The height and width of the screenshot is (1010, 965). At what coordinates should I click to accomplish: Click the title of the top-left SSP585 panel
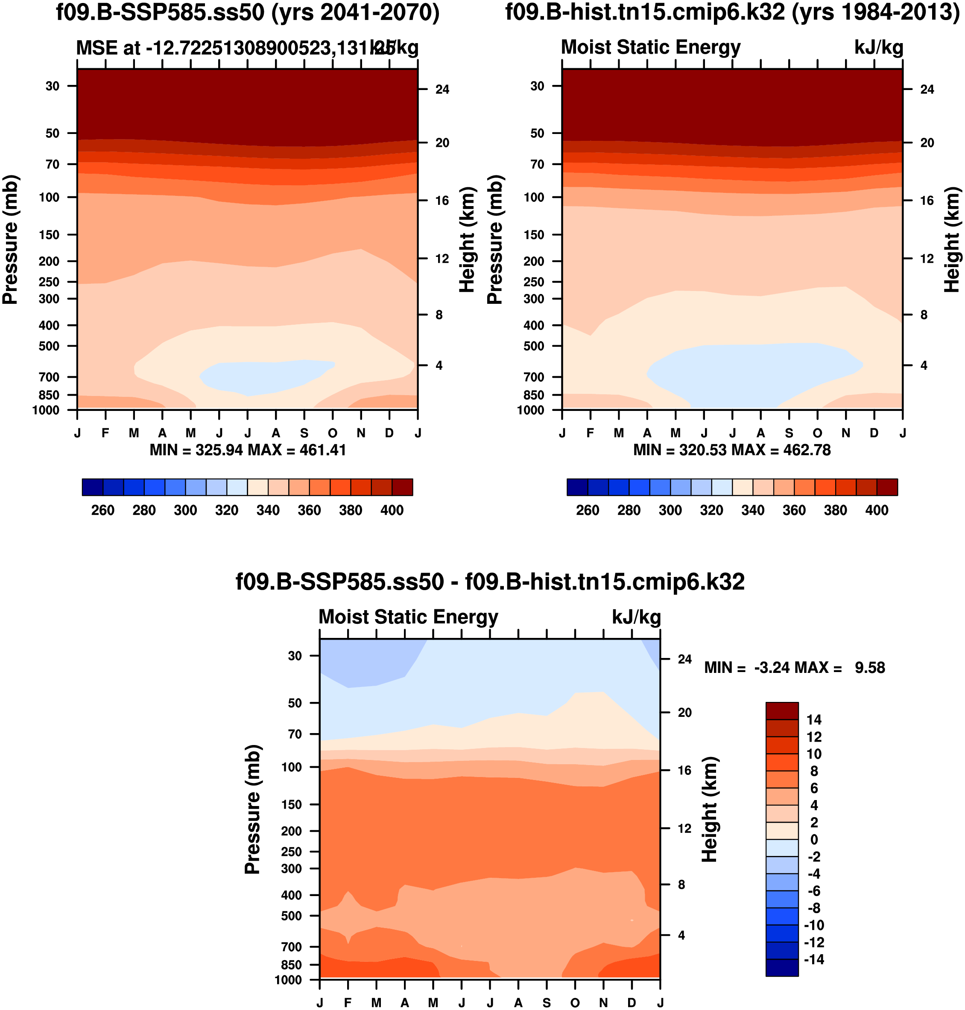click(x=247, y=12)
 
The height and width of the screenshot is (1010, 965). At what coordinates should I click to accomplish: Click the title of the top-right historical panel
click(x=732, y=12)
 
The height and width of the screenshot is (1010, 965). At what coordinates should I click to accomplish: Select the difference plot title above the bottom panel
click(x=490, y=582)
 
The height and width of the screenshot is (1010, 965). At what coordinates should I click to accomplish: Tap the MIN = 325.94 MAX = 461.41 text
click(x=247, y=450)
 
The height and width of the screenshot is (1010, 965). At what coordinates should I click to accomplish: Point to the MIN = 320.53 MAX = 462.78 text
click(x=732, y=450)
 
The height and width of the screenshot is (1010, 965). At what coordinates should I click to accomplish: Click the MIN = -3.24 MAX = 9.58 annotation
click(x=794, y=668)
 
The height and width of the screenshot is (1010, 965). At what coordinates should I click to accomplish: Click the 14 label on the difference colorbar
click(x=814, y=719)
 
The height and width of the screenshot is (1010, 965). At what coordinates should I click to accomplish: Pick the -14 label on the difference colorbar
click(x=814, y=960)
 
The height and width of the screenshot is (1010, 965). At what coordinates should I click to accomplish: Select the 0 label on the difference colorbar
click(x=814, y=839)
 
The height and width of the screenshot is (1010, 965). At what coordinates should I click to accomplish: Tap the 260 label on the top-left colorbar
click(x=103, y=510)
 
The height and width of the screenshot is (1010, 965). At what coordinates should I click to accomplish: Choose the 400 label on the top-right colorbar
click(x=877, y=510)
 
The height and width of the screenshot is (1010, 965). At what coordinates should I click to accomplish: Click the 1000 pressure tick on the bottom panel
click(x=289, y=980)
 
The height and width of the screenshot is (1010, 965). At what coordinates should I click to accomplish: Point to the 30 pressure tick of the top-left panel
click(x=53, y=86)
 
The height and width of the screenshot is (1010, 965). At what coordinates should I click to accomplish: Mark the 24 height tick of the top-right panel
click(x=927, y=90)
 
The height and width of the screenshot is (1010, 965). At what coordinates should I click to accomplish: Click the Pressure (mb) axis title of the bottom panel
click(x=253, y=809)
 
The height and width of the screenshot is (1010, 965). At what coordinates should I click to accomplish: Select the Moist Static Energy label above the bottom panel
click(x=409, y=617)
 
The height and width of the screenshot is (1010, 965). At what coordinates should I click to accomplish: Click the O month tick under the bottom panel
click(x=575, y=1003)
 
